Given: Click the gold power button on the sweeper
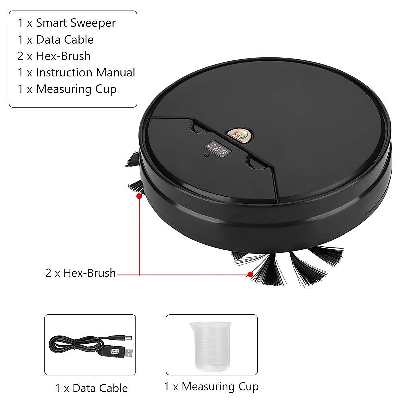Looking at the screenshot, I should [x=239, y=134].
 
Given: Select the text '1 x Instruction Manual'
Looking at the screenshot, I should [x=76, y=72].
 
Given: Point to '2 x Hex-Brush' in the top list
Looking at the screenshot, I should [x=54, y=56].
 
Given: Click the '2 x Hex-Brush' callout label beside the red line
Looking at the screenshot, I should [x=80, y=273].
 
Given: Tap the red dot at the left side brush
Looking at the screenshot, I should [x=139, y=196].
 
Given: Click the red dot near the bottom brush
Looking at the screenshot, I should [x=250, y=274].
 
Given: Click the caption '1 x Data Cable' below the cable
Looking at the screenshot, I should [x=91, y=388].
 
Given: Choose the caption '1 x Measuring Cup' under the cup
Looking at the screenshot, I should [x=211, y=386].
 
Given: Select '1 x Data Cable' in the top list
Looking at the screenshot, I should [x=56, y=40].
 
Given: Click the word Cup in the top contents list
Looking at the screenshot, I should [x=106, y=89].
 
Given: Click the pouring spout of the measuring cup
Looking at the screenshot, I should [x=192, y=325].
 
